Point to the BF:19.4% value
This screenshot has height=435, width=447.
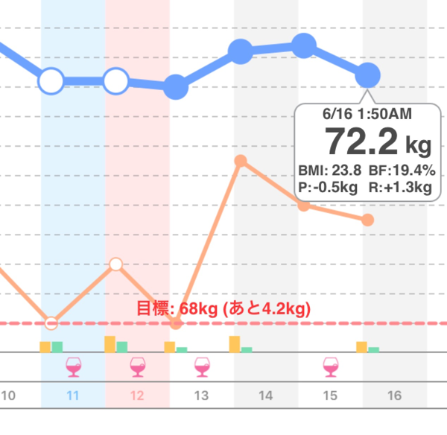coord(402,169)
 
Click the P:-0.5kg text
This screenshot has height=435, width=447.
coord(332,187)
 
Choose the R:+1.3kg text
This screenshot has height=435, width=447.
coord(400,187)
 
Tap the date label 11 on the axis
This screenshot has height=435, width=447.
coord(72,396)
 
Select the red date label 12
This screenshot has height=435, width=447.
coord(137,396)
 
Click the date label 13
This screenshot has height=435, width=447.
coord(201,396)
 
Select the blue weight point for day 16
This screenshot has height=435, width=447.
coord(368,74)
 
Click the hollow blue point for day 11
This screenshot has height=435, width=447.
coord(51,80)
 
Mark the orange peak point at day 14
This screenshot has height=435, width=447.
coord(240,161)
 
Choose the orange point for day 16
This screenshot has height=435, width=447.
coord(367,220)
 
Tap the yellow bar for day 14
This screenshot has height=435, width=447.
coord(235,343)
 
